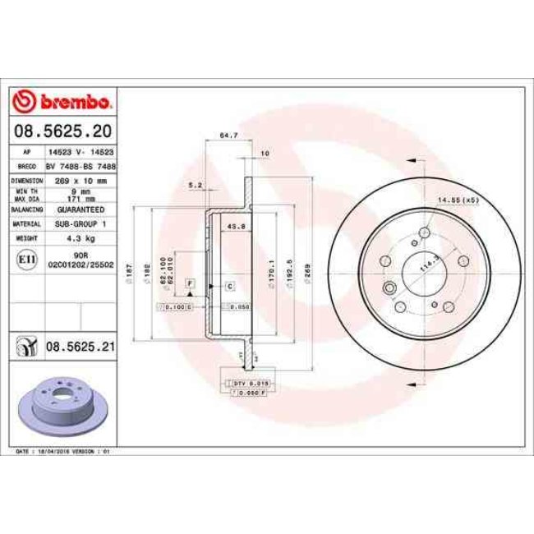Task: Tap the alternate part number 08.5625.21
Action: pyautogui.click(x=80, y=348)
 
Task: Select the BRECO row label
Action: pyautogui.click(x=26, y=165)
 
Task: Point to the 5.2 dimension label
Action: pyautogui.click(x=196, y=185)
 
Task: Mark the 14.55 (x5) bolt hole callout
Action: pyautogui.click(x=458, y=200)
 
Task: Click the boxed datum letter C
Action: pyautogui.click(x=231, y=286)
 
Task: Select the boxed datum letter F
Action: pyautogui.click(x=190, y=283)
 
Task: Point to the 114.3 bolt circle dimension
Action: pyautogui.click(x=426, y=265)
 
